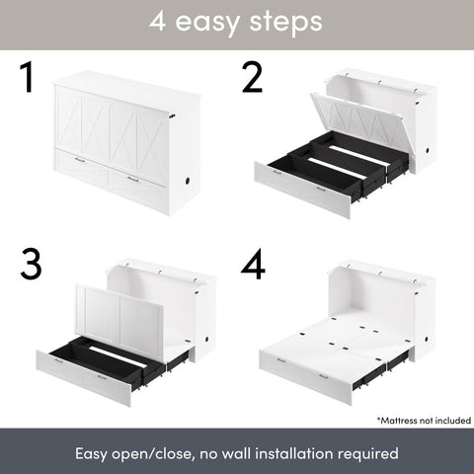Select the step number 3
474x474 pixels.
coord(34,264)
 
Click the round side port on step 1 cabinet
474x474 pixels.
coord(189,184)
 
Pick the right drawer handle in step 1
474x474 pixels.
coord(131,178)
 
